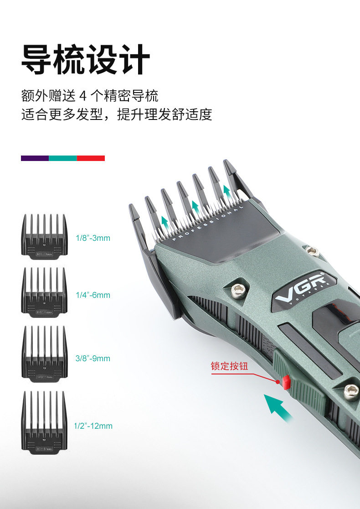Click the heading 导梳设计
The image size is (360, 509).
tap(85, 59)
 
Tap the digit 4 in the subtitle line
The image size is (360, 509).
tap(83, 96)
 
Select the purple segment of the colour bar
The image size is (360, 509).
tap(35, 158)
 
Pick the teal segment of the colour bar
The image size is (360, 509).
tap(62, 158)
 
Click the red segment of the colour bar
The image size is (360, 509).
tap(91, 158)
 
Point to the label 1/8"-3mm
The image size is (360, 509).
tap(93, 238)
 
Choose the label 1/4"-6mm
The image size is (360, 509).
tap(93, 295)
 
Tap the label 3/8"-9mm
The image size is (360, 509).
tap(93, 358)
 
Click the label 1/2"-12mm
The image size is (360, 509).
tap(93, 426)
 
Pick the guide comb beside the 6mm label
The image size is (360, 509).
tap(44, 291)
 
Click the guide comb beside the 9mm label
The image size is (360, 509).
tap(44, 352)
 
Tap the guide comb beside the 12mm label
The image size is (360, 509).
tap(44, 423)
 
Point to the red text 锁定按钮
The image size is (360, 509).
tap(229, 366)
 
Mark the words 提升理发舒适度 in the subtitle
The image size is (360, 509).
tap(165, 114)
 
